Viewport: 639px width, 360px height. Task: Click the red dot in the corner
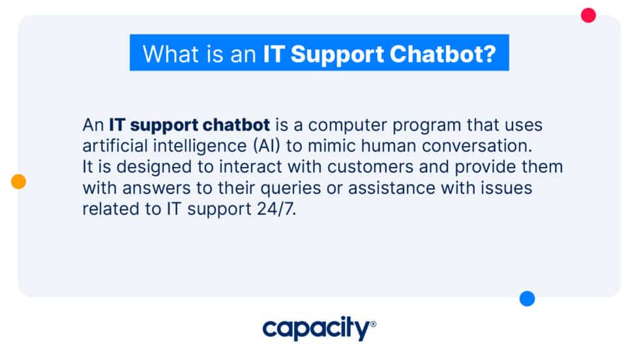(588, 15)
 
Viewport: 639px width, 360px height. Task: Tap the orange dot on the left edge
(18, 182)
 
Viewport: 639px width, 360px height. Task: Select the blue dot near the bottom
(527, 299)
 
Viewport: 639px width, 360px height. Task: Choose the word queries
(299, 188)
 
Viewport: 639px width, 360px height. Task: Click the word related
(106, 209)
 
